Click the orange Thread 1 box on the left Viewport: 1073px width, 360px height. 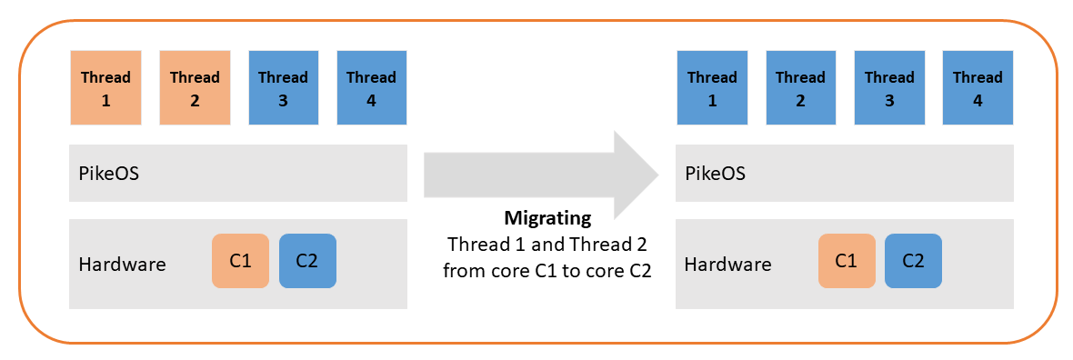click(x=105, y=88)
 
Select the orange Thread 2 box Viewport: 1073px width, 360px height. click(x=195, y=88)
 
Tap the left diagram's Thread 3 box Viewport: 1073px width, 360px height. click(x=283, y=88)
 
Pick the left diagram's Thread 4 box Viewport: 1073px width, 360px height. click(x=371, y=88)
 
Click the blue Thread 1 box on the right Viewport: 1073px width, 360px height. click(x=712, y=88)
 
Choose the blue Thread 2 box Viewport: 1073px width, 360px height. click(x=800, y=88)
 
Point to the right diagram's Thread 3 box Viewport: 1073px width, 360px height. click(x=889, y=88)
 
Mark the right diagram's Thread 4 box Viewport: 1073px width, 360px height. click(x=978, y=88)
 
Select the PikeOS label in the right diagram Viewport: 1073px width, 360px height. click(x=715, y=173)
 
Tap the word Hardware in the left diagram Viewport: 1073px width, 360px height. click(x=123, y=265)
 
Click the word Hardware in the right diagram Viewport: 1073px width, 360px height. click(x=727, y=265)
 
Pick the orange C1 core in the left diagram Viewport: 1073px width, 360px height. click(x=240, y=261)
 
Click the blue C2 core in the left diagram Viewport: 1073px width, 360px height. click(x=307, y=261)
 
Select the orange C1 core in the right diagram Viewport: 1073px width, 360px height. click(x=847, y=261)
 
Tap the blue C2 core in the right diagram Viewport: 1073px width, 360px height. click(x=913, y=261)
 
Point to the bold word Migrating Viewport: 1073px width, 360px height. click(x=547, y=219)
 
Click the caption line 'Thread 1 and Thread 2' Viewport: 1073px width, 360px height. click(x=547, y=245)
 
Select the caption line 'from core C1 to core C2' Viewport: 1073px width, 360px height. click(x=547, y=271)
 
